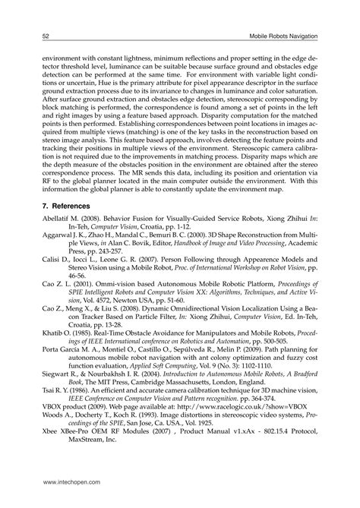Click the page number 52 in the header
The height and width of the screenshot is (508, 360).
tap(46, 36)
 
